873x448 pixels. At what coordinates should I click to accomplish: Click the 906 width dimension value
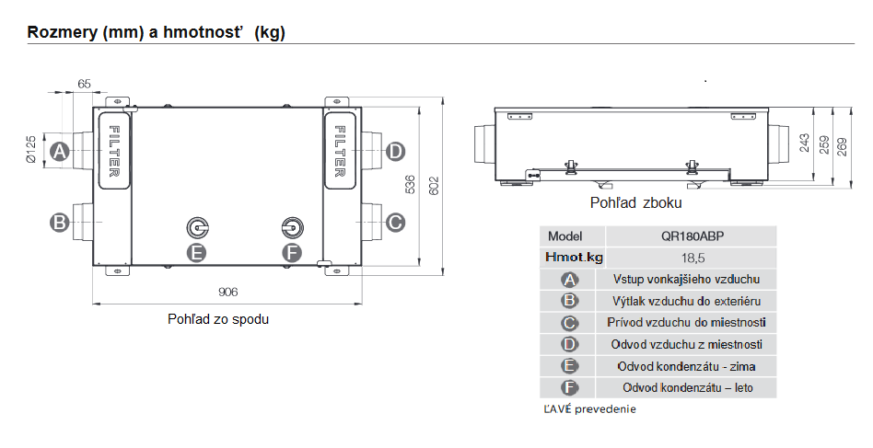(227, 292)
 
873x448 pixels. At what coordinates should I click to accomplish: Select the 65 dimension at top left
(84, 84)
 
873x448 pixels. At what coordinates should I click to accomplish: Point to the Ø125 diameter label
(30, 149)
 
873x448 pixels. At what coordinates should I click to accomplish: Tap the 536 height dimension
(409, 185)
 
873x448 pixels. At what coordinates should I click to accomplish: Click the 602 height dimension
(434, 186)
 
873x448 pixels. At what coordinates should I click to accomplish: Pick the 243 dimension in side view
(805, 144)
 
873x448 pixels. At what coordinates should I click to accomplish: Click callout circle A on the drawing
(60, 151)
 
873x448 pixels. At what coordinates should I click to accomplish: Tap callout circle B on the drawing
(60, 223)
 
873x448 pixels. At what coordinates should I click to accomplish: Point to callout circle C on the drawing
(395, 223)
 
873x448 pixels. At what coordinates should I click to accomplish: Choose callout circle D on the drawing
(395, 151)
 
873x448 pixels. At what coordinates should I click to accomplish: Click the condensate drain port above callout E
(197, 228)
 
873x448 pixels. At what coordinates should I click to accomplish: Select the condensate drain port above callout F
(292, 228)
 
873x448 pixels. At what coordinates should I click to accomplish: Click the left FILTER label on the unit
(113, 151)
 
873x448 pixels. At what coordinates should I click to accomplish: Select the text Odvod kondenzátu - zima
(686, 366)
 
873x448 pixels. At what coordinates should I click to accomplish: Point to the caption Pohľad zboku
(635, 203)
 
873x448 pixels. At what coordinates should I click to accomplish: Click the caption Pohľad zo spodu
(218, 319)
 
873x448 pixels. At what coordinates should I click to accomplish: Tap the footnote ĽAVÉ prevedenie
(589, 409)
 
